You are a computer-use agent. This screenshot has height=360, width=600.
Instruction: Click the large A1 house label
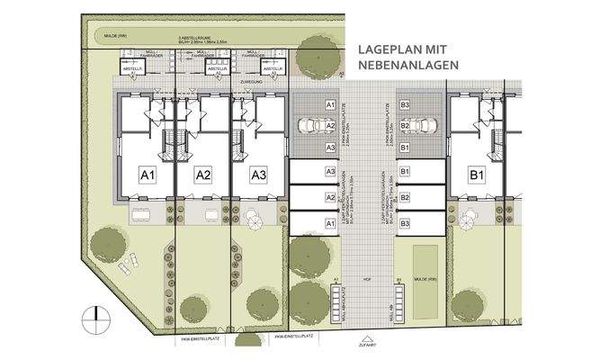click(x=148, y=174)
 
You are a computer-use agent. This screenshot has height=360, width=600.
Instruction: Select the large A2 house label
click(x=203, y=174)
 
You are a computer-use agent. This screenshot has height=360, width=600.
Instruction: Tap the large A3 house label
click(x=259, y=174)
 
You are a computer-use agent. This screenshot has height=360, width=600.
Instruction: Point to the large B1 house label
click(x=476, y=174)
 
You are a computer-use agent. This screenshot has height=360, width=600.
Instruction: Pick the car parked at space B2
click(x=428, y=126)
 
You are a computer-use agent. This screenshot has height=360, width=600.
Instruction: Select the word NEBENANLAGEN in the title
click(x=408, y=66)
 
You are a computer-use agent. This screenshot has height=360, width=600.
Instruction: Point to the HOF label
click(x=368, y=278)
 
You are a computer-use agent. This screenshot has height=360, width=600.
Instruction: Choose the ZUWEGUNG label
click(x=249, y=81)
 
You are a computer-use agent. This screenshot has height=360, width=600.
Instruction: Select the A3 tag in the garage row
click(x=331, y=171)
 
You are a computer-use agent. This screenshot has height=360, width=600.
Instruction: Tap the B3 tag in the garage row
click(x=406, y=221)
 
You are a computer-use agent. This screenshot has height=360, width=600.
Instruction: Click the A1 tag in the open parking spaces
click(x=331, y=105)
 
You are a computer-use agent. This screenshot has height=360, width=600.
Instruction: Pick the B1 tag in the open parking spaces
click(x=406, y=147)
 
